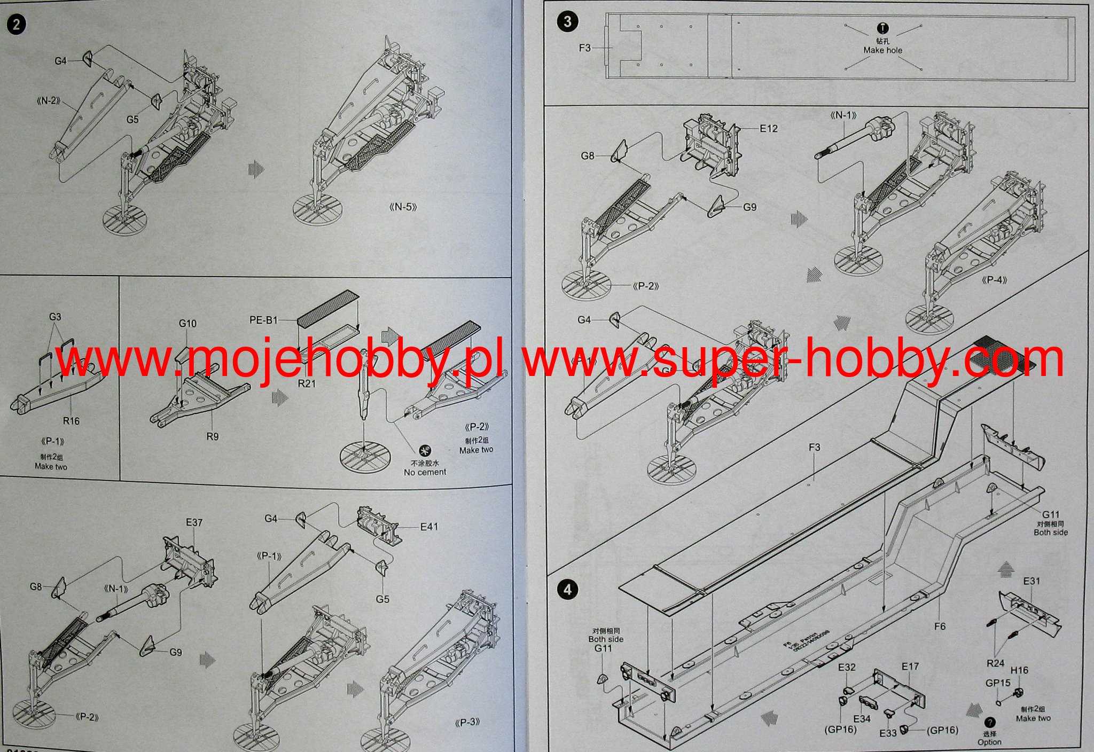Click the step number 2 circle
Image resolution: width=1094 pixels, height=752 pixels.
(x=17, y=25)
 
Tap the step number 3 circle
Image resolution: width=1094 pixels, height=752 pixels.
(x=567, y=21)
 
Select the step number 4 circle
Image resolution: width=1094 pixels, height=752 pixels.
(x=567, y=589)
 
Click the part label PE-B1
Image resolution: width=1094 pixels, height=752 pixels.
(x=263, y=320)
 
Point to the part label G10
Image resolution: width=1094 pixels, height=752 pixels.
(x=187, y=323)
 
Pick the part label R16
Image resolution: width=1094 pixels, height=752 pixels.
(x=71, y=421)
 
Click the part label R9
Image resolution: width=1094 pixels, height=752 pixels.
(x=212, y=436)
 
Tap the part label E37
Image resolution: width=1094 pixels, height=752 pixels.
(x=194, y=522)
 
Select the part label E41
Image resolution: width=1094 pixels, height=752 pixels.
(x=429, y=527)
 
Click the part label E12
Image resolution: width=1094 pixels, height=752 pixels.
(x=769, y=128)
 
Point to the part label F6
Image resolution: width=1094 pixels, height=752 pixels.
(x=940, y=626)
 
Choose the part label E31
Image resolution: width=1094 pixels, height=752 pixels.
(x=1032, y=581)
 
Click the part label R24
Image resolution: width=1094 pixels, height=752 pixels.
(x=995, y=663)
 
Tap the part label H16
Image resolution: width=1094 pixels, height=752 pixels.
(x=1019, y=670)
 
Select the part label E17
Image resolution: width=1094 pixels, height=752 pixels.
(x=910, y=667)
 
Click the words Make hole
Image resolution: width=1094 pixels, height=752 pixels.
(x=882, y=50)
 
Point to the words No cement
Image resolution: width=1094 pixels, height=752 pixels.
(x=425, y=472)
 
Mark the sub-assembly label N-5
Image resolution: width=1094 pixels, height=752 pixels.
(x=403, y=207)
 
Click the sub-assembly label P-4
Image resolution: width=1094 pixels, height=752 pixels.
(x=994, y=280)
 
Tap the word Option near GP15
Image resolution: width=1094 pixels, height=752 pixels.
(x=989, y=742)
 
